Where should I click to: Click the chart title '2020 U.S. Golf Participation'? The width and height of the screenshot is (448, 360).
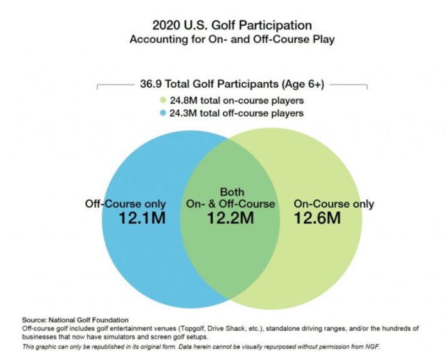pos(232,25)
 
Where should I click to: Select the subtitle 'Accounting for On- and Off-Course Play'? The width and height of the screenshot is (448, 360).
pos(232,39)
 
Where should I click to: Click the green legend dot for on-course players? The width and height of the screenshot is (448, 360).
pos(163,100)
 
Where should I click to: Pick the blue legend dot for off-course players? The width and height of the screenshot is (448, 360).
pos(163,113)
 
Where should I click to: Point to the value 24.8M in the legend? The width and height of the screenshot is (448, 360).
pos(184,100)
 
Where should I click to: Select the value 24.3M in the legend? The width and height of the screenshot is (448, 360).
pos(183,113)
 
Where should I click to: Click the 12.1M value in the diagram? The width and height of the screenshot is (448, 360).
pos(142,218)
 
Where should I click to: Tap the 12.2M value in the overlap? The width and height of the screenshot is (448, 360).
pos(230,218)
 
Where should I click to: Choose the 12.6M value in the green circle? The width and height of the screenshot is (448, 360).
pos(317,218)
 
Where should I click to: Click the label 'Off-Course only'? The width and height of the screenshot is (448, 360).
pos(125,204)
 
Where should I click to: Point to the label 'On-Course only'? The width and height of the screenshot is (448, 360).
pos(334,204)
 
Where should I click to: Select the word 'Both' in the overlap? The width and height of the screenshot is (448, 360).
pos(232,192)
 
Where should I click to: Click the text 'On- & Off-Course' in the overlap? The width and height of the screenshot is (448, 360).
pos(230,204)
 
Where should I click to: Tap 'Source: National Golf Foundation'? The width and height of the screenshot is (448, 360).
pos(75,320)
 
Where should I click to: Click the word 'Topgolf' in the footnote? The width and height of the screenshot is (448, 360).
pos(192,328)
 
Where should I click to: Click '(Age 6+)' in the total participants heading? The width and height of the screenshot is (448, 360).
pos(302,84)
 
